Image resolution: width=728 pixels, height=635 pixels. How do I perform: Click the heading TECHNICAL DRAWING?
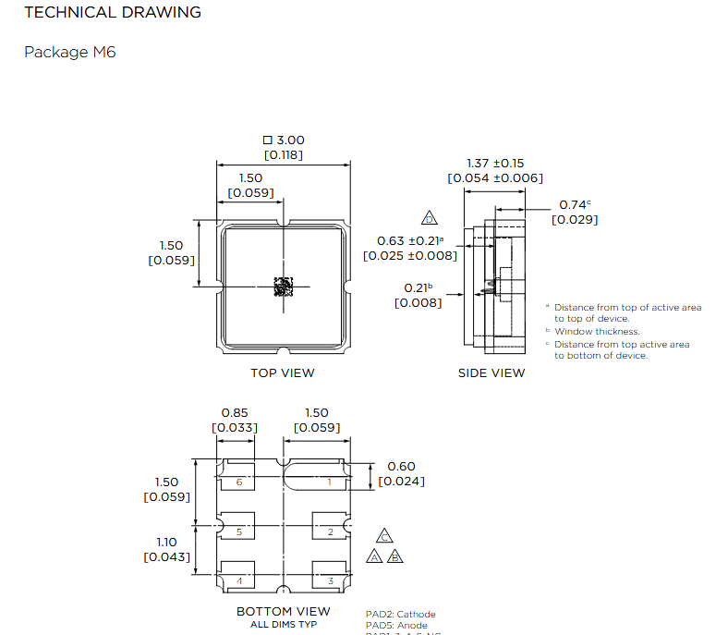[113, 13]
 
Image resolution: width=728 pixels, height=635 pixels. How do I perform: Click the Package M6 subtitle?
[70, 52]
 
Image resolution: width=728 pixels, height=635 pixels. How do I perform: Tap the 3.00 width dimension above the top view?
[284, 140]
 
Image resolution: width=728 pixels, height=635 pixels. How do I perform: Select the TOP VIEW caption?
[283, 373]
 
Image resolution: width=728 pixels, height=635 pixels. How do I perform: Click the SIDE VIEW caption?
[491, 373]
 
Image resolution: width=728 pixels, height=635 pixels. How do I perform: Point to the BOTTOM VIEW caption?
[283, 611]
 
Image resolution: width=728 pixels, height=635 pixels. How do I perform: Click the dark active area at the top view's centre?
[283, 287]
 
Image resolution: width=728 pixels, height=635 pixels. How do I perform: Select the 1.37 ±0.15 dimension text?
[495, 163]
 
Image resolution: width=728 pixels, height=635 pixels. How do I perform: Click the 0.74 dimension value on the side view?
[573, 205]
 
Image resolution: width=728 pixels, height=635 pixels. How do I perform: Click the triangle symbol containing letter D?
[429, 219]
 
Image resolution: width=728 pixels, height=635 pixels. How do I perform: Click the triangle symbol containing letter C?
[385, 536]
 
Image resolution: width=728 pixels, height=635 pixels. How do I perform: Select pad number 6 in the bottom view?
[239, 482]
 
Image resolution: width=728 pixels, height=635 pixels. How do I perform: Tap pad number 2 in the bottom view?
[330, 531]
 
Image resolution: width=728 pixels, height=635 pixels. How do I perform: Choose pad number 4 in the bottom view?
[239, 581]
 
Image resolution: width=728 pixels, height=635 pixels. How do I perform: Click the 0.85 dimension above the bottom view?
[235, 412]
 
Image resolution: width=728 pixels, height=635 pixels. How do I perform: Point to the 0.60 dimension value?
[401, 467]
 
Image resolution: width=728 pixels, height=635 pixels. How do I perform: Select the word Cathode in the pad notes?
[416, 614]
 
